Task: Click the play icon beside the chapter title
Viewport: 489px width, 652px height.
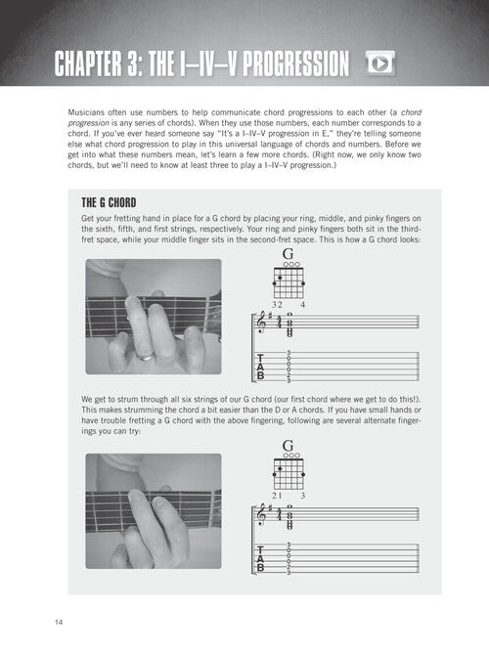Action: (380, 64)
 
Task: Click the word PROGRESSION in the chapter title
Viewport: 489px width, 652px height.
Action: (296, 64)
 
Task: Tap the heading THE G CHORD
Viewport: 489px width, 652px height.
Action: (109, 203)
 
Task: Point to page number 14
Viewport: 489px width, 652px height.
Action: (59, 622)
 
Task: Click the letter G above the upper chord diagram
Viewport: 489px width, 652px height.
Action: (288, 253)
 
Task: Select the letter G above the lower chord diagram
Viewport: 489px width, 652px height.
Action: (288, 446)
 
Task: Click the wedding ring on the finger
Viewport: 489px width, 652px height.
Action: (146, 357)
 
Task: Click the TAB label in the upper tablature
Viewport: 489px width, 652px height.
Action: (260, 368)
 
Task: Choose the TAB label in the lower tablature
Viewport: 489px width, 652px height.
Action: (260, 558)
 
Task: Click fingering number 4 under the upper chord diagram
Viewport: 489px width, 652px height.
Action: (302, 305)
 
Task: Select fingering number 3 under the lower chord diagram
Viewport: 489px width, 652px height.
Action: (302, 496)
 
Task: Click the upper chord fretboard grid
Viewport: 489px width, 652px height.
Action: (289, 283)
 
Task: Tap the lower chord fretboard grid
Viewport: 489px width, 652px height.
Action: (289, 474)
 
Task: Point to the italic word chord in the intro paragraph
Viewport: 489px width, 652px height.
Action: (411, 112)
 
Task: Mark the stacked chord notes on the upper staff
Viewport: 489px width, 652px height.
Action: (289, 326)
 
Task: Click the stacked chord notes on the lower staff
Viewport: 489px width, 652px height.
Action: (289, 517)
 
